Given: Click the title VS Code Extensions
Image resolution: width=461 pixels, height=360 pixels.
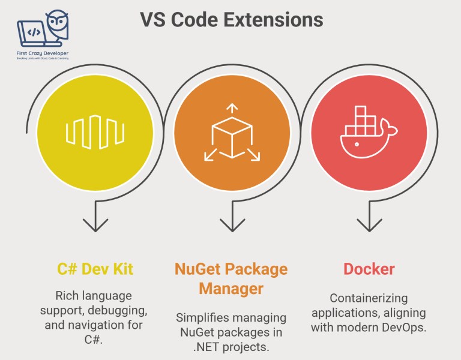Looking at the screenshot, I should click(232, 19).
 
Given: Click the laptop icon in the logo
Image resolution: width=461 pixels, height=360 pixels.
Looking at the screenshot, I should click(34, 34).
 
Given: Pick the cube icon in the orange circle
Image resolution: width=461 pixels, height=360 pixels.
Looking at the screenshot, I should click(232, 136).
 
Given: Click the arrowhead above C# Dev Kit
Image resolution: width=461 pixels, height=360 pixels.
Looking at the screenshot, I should click(95, 223).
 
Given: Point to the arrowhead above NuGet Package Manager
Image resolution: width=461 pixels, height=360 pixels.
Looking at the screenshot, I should click(232, 223).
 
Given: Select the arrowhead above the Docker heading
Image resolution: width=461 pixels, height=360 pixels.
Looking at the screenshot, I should click(369, 223).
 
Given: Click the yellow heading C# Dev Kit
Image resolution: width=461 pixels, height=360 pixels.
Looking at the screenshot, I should click(95, 269).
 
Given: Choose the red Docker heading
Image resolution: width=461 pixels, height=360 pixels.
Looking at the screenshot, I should click(369, 269).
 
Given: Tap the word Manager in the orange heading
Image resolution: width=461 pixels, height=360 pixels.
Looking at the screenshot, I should click(231, 289).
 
